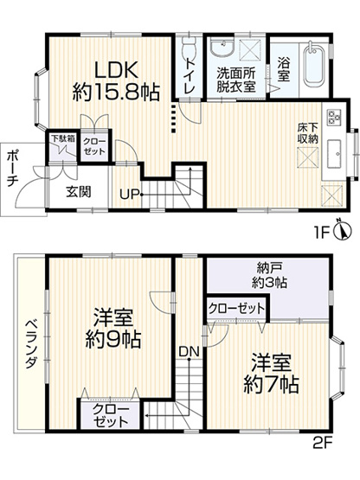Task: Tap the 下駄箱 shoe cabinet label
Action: pyautogui.click(x=60, y=138)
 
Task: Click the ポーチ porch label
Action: pyautogui.click(x=12, y=170)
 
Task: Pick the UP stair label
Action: pyautogui.click(x=130, y=193)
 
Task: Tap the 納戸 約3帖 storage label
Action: pyautogui.click(x=268, y=274)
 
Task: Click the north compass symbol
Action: pyautogui.click(x=344, y=230)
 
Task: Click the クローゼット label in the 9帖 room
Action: pyautogui.click(x=110, y=416)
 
